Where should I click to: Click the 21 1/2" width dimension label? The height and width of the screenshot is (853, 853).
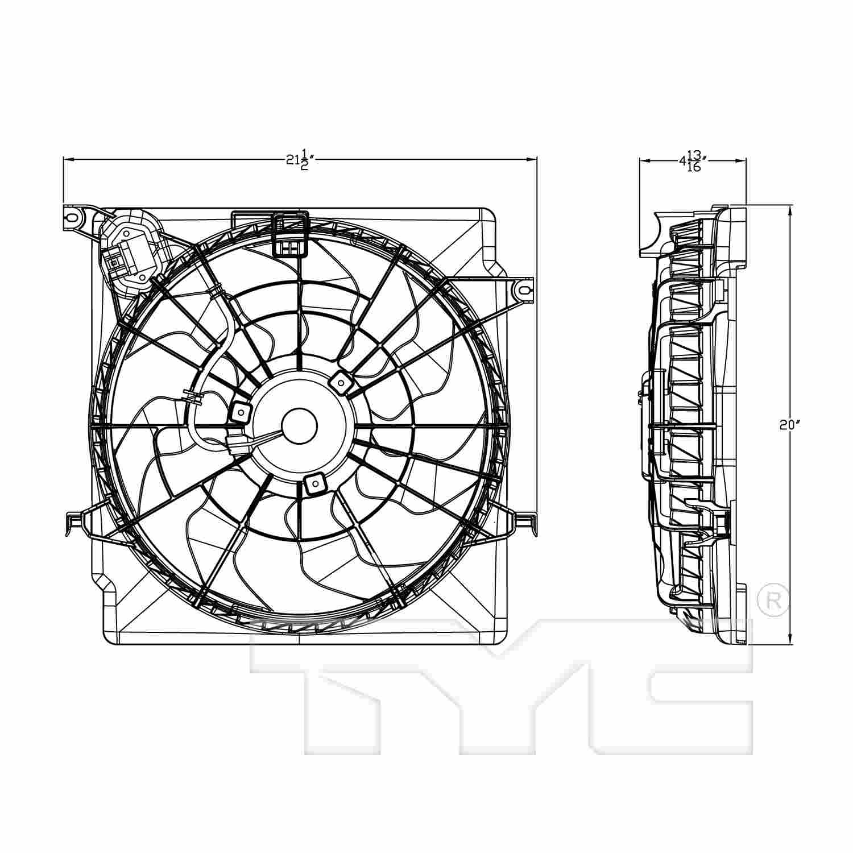coord(300,160)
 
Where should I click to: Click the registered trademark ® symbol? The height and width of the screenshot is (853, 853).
coord(773,603)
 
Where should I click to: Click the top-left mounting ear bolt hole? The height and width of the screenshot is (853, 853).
coord(72,217)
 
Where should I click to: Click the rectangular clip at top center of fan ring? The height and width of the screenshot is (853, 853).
coord(290,234)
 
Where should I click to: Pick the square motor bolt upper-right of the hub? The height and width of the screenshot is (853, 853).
coord(339,382)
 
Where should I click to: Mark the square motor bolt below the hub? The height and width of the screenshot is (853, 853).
coord(313,484)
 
